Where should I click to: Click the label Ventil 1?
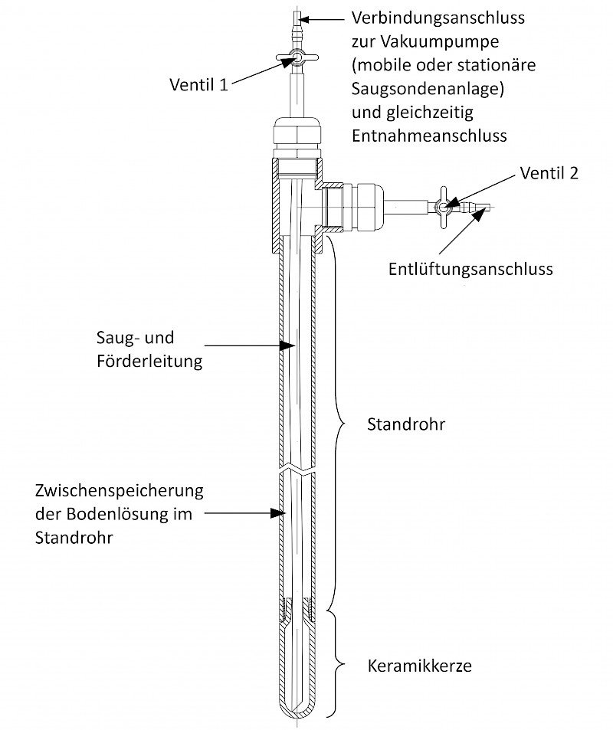pyautogui.click(x=199, y=85)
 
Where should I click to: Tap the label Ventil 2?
pyautogui.click(x=549, y=173)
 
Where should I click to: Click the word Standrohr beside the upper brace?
pyautogui.click(x=406, y=424)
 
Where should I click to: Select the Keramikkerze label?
pyautogui.click(x=420, y=666)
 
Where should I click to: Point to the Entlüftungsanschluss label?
pyautogui.click(x=470, y=269)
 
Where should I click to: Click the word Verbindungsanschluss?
pyautogui.click(x=438, y=18)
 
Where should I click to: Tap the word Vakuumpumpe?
pyautogui.click(x=440, y=42)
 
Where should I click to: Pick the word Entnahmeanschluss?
pyautogui.click(x=429, y=136)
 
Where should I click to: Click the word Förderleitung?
pyautogui.click(x=149, y=362)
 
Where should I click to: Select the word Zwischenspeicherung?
pyautogui.click(x=120, y=491)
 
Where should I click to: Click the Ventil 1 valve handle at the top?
pyautogui.click(x=297, y=57)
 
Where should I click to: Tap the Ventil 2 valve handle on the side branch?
pyautogui.click(x=443, y=207)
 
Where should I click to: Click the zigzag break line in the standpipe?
pyautogui.click(x=297, y=470)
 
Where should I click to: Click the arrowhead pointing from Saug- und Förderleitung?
pyautogui.click(x=287, y=345)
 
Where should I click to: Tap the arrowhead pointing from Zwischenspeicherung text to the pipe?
pyautogui.click(x=278, y=513)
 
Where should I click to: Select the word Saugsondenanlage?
pyautogui.click(x=428, y=89)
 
